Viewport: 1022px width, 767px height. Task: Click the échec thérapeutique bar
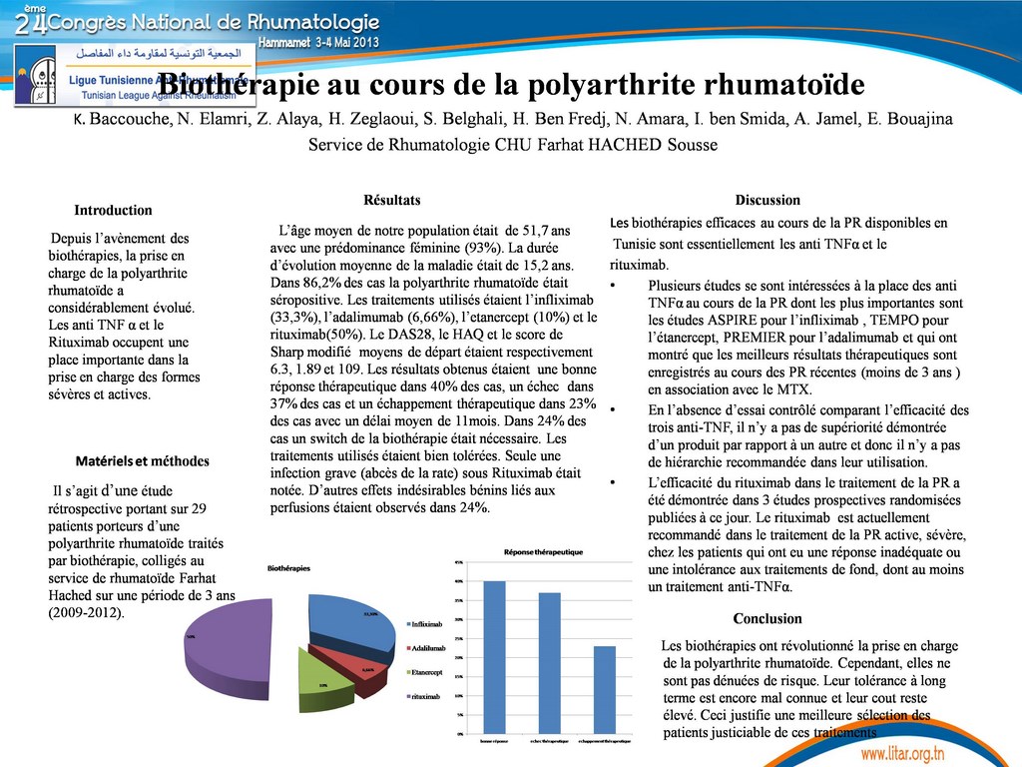click(x=550, y=663)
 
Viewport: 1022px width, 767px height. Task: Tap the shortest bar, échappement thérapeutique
click(x=605, y=690)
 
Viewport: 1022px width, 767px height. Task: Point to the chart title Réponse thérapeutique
click(x=544, y=552)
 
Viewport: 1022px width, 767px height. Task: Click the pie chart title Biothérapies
click(x=288, y=567)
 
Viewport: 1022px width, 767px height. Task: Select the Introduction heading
click(x=113, y=210)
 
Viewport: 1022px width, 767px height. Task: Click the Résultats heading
click(x=392, y=200)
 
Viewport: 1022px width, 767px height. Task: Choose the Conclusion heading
click(x=767, y=618)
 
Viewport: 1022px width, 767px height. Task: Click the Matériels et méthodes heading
click(x=143, y=460)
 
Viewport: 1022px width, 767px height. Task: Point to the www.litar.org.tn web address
click(x=902, y=752)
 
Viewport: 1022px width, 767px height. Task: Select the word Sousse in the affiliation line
click(x=691, y=145)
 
